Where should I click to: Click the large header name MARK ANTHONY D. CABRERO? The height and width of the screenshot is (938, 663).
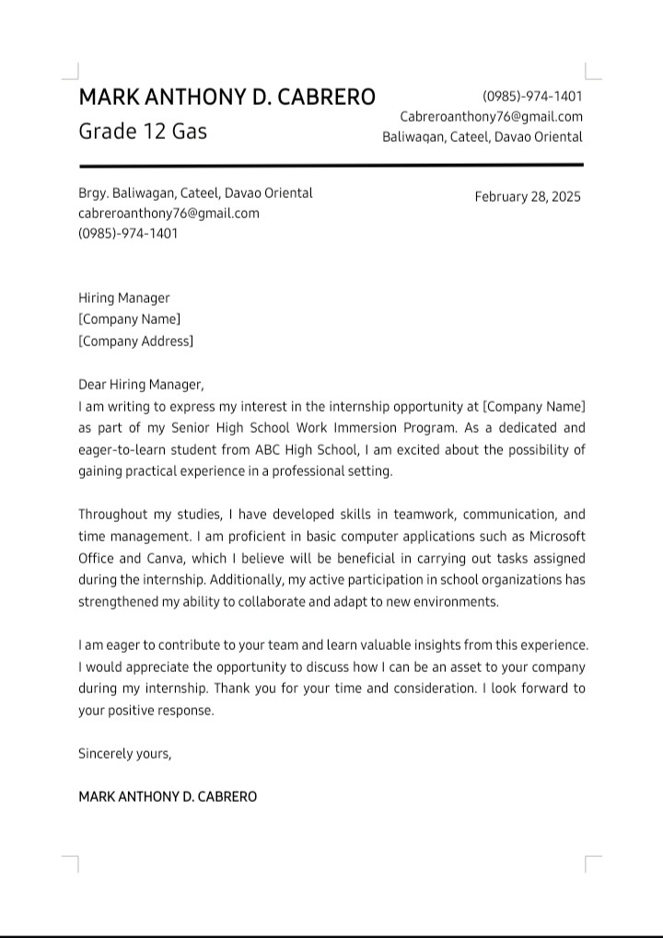(227, 98)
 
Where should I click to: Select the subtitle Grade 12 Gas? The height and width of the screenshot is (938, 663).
(143, 131)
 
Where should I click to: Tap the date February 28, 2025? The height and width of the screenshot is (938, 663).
(528, 197)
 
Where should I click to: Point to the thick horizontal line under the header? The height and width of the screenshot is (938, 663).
(331, 165)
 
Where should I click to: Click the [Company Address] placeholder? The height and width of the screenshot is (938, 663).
(135, 342)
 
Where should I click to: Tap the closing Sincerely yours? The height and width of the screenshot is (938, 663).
(125, 753)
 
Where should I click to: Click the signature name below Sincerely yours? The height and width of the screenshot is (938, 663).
(168, 796)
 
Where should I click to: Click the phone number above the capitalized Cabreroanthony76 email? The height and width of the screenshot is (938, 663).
(532, 97)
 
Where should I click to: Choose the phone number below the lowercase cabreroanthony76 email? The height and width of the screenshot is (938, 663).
(128, 234)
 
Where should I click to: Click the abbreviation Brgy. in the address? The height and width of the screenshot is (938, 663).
(93, 193)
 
